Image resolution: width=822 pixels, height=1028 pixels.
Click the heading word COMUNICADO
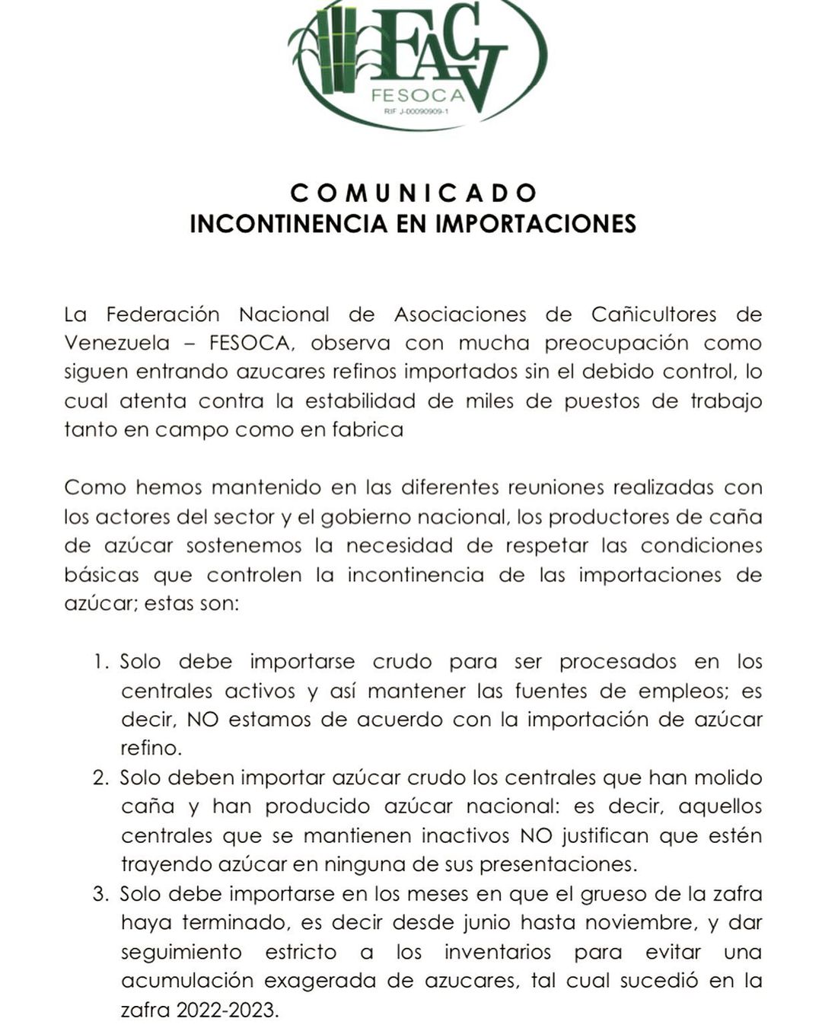pyautogui.click(x=413, y=193)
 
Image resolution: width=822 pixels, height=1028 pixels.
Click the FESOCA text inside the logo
pyautogui.click(x=418, y=96)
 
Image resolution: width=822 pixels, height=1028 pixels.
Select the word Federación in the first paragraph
pyautogui.click(x=162, y=314)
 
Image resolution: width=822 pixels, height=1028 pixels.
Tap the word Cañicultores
pyautogui.click(x=654, y=314)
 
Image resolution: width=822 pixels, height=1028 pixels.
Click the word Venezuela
pyautogui.click(x=116, y=343)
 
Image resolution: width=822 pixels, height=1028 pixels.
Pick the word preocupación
pyautogui.click(x=616, y=343)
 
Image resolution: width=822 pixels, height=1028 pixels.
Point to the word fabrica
pyautogui.click(x=367, y=429)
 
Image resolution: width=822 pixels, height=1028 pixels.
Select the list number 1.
pyautogui.click(x=101, y=662)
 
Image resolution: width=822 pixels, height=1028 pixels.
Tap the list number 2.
pyautogui.click(x=101, y=778)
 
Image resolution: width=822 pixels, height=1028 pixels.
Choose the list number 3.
pyautogui.click(x=101, y=894)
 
